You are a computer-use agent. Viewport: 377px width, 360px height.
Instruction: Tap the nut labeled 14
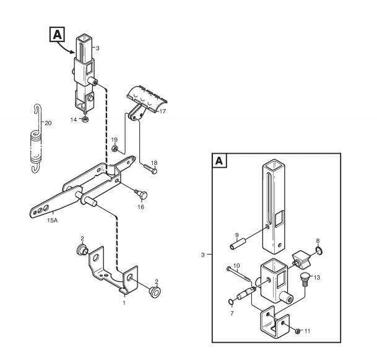(x=85, y=119)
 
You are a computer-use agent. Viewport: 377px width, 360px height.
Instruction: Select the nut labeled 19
(x=115, y=149)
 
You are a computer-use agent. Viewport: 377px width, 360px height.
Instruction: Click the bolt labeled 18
(x=151, y=169)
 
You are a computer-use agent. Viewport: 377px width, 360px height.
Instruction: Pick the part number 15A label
(x=53, y=220)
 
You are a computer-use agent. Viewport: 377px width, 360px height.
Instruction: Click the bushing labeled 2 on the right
(x=155, y=292)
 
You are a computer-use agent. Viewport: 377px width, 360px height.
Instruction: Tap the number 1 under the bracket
(x=124, y=303)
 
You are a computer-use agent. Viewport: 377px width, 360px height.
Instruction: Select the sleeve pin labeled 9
(x=238, y=244)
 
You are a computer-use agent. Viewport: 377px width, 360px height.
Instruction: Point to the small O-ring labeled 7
(x=230, y=302)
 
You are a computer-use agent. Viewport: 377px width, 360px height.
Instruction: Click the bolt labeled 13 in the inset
(x=305, y=279)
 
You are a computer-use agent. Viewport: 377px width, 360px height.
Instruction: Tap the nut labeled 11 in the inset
(x=298, y=331)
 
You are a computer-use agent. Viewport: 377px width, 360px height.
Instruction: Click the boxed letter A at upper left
(x=57, y=34)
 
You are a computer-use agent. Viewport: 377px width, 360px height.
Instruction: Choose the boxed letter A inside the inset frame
(x=219, y=160)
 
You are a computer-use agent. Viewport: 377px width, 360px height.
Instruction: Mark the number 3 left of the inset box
(x=202, y=255)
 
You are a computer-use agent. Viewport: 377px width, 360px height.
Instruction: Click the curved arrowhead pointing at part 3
(x=72, y=51)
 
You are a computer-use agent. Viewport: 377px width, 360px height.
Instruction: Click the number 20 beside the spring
(x=48, y=123)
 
